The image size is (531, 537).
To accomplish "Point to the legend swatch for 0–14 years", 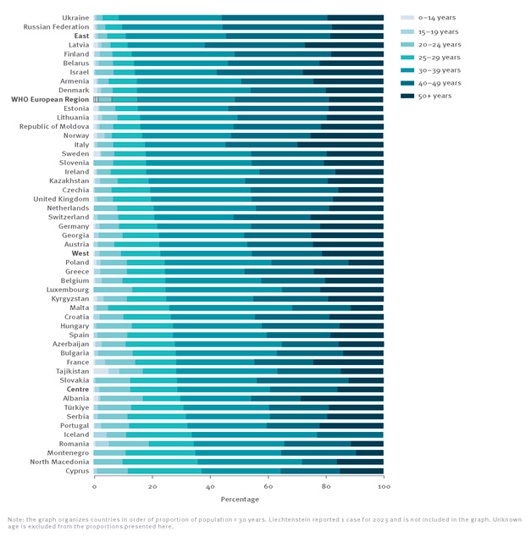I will [407, 18].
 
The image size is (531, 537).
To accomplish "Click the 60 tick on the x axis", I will [268, 488].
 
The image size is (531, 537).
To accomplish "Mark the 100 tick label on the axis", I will [383, 488].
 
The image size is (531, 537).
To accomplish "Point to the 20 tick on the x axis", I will [152, 488].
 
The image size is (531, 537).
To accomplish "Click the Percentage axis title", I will [239, 501].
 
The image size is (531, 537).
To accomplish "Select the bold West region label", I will [80, 253].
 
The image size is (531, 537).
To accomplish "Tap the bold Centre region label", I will [77, 389].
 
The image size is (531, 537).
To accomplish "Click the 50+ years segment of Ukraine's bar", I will [355, 17].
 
